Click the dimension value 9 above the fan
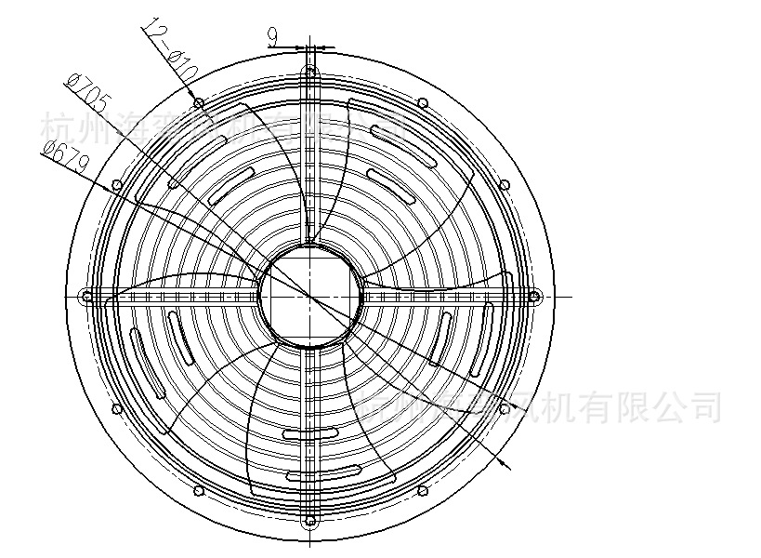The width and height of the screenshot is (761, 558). coord(273,36)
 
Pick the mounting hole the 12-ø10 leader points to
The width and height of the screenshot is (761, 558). coord(198,101)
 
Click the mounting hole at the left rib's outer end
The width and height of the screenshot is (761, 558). coord(86,297)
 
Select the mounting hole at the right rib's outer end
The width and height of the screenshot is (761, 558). coord(534,297)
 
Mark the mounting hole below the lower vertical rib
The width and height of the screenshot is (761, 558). coord(310,521)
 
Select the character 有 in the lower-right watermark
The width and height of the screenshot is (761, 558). coord(595,405)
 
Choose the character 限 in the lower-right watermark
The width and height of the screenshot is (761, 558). coord(631,405)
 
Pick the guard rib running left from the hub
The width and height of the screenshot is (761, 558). coord(186,297)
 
